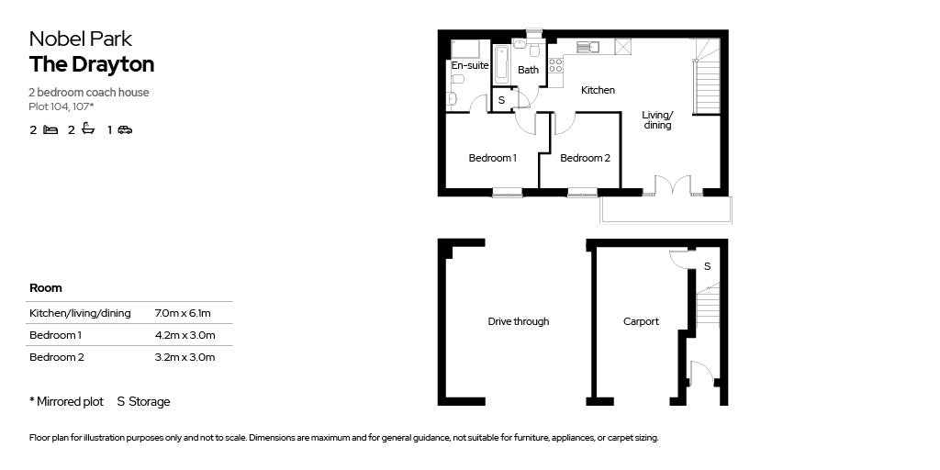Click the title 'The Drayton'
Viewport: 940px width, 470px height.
92,64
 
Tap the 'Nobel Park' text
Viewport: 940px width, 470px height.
81,39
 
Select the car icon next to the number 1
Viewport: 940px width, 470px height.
125,130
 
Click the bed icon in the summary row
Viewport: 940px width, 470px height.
50,130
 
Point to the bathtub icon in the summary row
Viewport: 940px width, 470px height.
88,129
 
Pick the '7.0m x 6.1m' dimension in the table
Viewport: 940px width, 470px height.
184,313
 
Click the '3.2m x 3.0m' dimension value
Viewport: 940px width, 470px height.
185,357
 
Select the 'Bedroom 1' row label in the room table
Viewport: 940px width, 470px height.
56,335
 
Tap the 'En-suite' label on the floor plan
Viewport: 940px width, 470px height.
469,66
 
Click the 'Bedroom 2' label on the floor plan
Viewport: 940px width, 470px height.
585,158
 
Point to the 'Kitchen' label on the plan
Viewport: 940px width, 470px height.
598,90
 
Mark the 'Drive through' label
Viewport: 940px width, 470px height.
518,321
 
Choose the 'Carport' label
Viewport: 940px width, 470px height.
641,321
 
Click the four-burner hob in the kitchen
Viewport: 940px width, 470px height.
554,65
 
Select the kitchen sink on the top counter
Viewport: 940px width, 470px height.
586,46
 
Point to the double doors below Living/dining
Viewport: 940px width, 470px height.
673,185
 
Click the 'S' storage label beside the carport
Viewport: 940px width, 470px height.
706,266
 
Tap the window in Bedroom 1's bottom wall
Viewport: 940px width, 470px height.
506,192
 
